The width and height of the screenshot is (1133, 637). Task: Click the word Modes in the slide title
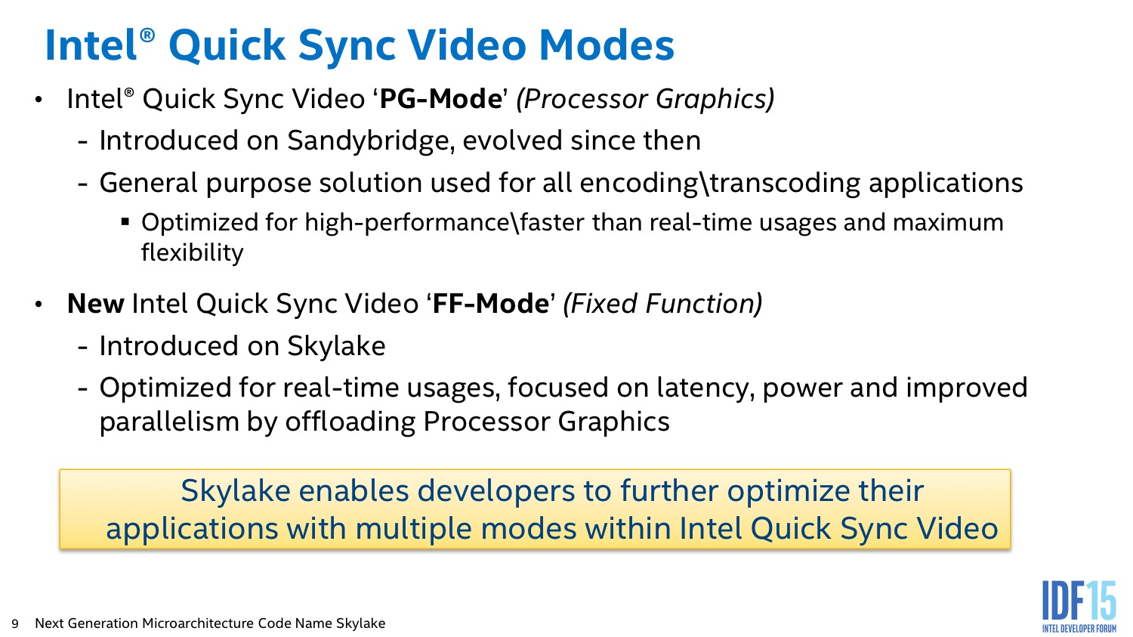pyautogui.click(x=607, y=45)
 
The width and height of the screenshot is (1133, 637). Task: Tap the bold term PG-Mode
pyautogui.click(x=440, y=99)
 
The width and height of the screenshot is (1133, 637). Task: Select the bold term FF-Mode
pyautogui.click(x=491, y=304)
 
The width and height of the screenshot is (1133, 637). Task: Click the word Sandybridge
pyautogui.click(x=368, y=141)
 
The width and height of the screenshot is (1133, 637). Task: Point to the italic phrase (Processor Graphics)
pyautogui.click(x=645, y=100)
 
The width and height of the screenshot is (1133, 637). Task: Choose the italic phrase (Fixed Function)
pyautogui.click(x=662, y=304)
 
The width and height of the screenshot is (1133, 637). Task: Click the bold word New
pyautogui.click(x=96, y=304)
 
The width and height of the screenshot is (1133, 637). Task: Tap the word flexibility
pyautogui.click(x=192, y=252)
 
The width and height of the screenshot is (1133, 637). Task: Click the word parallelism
pyautogui.click(x=169, y=422)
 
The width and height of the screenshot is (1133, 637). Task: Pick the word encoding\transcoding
pyautogui.click(x=720, y=183)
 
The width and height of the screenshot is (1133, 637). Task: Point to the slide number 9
pyautogui.click(x=14, y=624)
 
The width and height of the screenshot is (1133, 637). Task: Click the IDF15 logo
pyautogui.click(x=1079, y=607)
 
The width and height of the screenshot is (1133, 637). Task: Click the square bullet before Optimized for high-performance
pyautogui.click(x=125, y=221)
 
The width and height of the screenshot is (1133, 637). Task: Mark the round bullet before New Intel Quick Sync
pyautogui.click(x=39, y=305)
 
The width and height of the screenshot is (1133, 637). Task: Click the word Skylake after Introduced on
pyautogui.click(x=336, y=347)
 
